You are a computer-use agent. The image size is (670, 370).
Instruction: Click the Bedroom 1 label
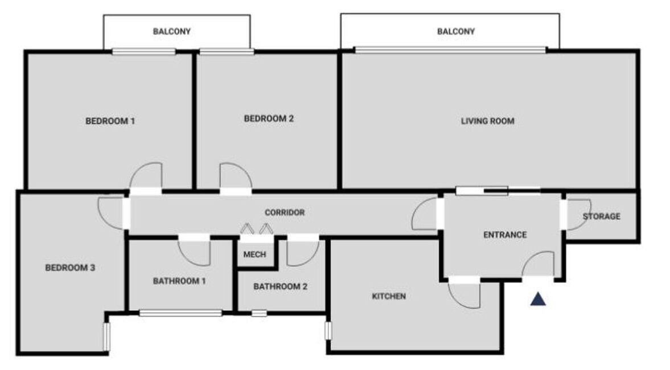[110, 121]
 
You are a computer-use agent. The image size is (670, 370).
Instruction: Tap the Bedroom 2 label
[269, 118]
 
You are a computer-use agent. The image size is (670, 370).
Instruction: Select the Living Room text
[487, 121]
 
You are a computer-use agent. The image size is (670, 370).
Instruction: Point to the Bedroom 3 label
[70, 268]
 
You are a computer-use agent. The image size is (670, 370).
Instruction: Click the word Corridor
[285, 212]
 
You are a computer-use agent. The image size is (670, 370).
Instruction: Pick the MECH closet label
[254, 254]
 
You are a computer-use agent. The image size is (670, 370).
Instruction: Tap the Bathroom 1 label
[179, 281]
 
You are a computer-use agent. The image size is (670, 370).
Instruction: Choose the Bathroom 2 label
[280, 286]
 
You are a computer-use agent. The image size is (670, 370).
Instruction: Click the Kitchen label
[389, 296]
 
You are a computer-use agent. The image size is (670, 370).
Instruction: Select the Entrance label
[505, 235]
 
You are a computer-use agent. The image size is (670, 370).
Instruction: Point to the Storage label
[602, 216]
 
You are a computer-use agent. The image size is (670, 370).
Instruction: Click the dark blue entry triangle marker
[539, 299]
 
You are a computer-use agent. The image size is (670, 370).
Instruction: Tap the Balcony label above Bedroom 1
[172, 31]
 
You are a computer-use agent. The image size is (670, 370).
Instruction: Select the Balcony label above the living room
[456, 31]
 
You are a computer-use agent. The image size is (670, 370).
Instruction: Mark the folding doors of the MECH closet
[256, 229]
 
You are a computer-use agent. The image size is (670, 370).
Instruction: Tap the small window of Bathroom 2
[259, 313]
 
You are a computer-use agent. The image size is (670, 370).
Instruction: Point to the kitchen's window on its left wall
[328, 331]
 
